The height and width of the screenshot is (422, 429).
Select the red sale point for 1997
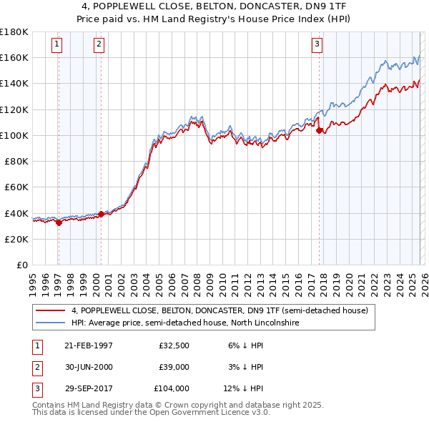pos(59,222)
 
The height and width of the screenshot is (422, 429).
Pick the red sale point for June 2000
pos(101,214)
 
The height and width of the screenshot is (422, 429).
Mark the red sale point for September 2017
pos(320,130)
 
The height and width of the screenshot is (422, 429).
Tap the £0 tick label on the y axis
pos(21,265)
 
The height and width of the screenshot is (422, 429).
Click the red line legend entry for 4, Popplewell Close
pos(220,310)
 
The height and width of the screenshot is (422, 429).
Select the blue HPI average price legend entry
pos(187,323)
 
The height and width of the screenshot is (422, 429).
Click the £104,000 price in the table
pos(172,388)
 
